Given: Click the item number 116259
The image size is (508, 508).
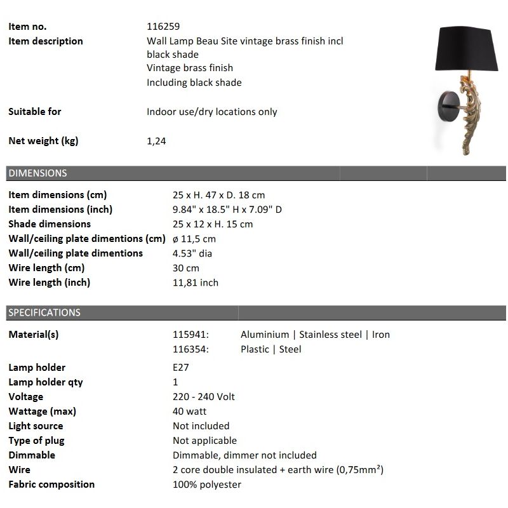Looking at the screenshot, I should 163,27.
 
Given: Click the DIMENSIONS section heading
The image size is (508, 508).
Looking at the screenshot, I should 37,173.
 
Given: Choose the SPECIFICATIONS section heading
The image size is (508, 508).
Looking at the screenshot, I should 44,312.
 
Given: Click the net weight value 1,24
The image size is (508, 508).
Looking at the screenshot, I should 156,141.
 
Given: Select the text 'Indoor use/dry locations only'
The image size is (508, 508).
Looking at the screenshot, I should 212,112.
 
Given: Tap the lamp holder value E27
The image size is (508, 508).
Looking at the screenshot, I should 181,368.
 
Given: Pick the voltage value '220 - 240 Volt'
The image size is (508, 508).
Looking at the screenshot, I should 204,397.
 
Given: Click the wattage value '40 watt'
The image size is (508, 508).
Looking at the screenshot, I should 190,411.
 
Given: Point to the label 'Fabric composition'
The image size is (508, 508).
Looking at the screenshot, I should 51,485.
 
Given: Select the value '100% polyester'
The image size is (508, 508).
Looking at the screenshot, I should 207,485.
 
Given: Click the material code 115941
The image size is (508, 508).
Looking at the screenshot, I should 190,335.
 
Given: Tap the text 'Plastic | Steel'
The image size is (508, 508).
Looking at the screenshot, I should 271,349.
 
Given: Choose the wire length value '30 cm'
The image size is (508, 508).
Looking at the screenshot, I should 186,268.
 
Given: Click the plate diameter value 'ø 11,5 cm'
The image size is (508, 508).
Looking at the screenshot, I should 194,239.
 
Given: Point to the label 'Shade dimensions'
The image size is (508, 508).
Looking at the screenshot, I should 50,224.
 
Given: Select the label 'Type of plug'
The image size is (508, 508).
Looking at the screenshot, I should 36,441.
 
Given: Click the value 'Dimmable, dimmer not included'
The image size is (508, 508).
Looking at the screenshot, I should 244,455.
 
